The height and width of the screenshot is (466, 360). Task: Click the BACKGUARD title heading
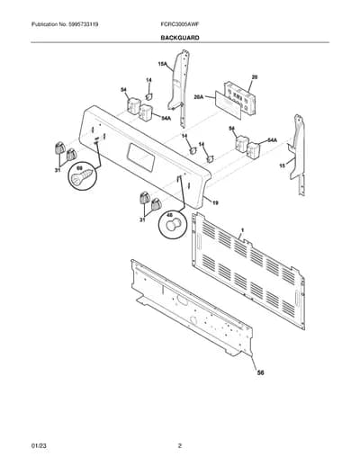(180, 38)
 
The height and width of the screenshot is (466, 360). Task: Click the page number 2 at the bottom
(180, 446)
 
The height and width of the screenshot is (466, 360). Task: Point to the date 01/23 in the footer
(39, 446)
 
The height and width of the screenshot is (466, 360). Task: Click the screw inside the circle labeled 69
(82, 177)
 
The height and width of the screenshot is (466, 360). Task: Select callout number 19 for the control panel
(215, 203)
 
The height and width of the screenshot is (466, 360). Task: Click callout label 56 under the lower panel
(261, 372)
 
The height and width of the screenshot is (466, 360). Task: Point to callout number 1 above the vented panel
(242, 230)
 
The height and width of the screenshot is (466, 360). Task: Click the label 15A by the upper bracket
(162, 64)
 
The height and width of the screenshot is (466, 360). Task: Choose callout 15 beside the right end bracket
(282, 166)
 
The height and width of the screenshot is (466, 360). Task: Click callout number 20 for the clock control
(255, 77)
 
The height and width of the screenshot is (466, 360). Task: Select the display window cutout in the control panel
(141, 157)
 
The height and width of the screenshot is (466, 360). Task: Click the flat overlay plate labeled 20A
(228, 104)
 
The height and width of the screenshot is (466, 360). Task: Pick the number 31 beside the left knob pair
(57, 170)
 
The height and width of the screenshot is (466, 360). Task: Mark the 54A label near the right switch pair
(272, 140)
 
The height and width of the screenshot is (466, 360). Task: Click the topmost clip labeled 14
(148, 96)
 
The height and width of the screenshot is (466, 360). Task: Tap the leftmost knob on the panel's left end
(60, 148)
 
